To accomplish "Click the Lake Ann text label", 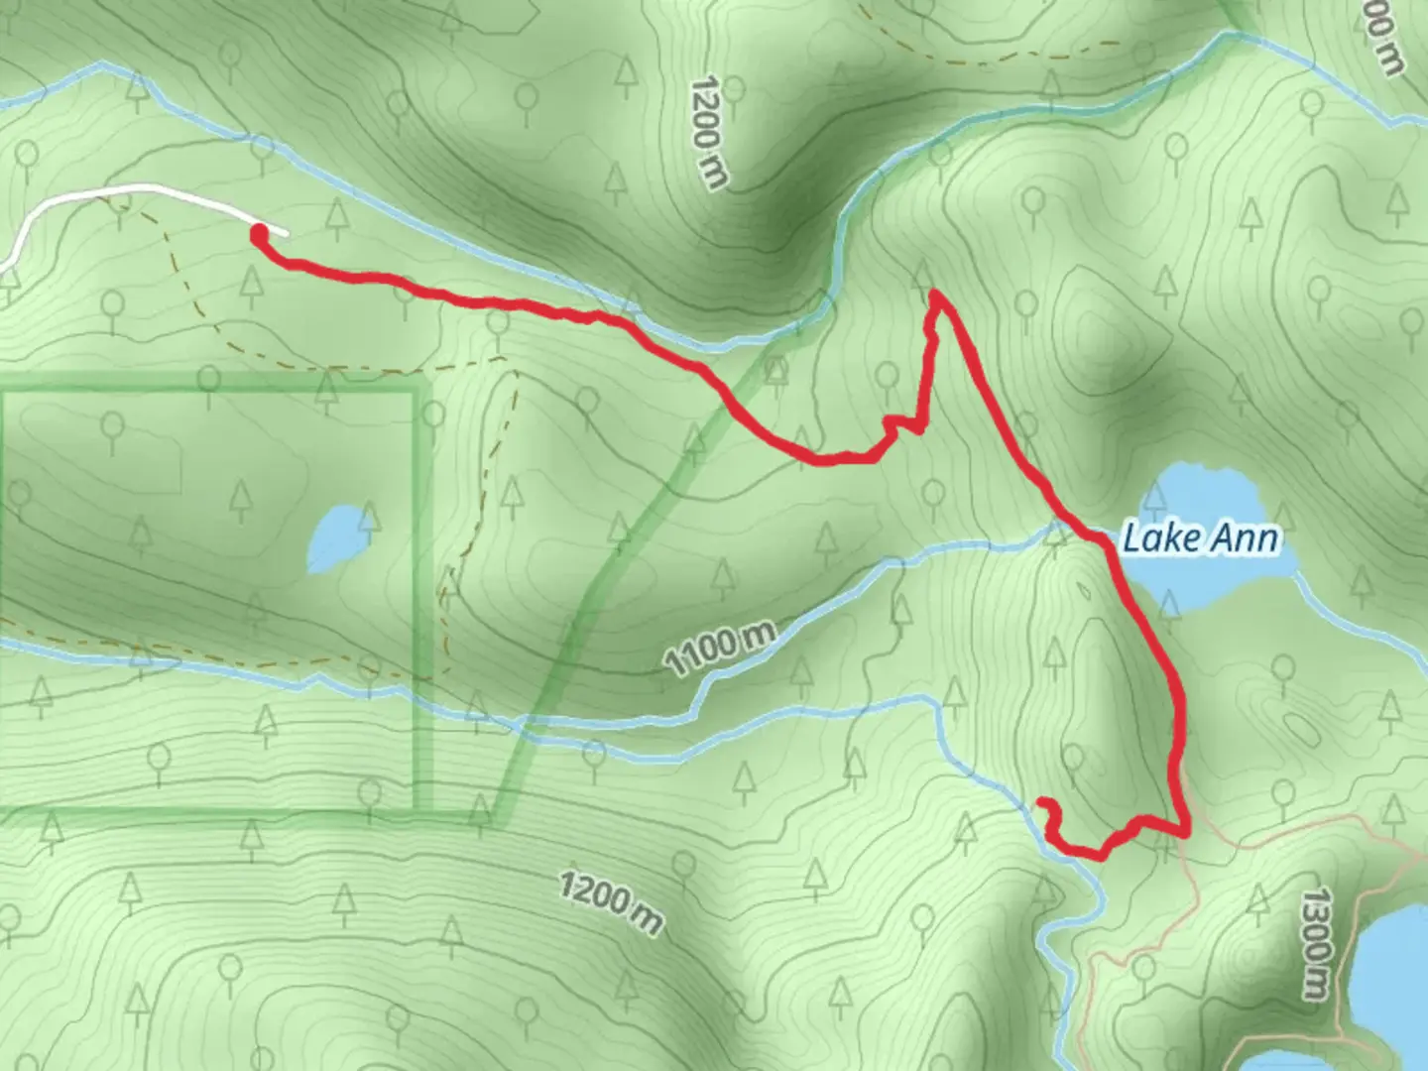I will (x=1200, y=538).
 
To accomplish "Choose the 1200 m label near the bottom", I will (x=611, y=902).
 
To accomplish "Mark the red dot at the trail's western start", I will (x=259, y=235).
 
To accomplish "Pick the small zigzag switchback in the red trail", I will (x=902, y=426).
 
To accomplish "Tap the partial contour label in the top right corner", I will (x=1383, y=40).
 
